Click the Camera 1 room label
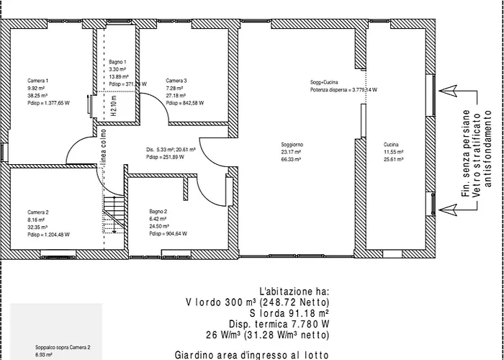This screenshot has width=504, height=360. pyautogui.click(x=38, y=79)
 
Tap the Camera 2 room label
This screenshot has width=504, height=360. pyautogui.click(x=38, y=212)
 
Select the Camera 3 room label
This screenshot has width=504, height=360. pyautogui.click(x=176, y=80)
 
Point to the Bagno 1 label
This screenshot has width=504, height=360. pyautogui.click(x=117, y=63)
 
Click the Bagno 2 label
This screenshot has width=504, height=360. pyautogui.click(x=158, y=211)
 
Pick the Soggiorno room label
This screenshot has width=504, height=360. pyautogui.click(x=293, y=145)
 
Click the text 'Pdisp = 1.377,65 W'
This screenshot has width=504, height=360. pyautogui.click(x=49, y=103)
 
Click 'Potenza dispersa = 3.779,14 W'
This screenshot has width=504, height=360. pyautogui.click(x=344, y=90)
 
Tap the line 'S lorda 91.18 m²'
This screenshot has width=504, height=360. pyautogui.click(x=289, y=313)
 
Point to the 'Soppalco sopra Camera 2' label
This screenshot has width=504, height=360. pyautogui.click(x=63, y=347)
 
